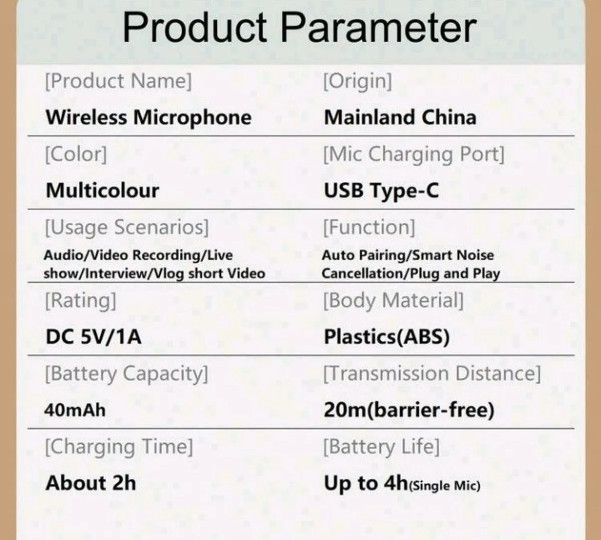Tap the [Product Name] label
pyautogui.click(x=118, y=81)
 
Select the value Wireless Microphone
pyautogui.click(x=149, y=117)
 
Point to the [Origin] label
pyautogui.click(x=358, y=81)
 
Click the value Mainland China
pyautogui.click(x=400, y=117)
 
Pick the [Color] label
pyautogui.click(x=76, y=154)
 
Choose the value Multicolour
pyautogui.click(x=102, y=191)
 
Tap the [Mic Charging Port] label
pyautogui.click(x=414, y=154)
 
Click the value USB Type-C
pyautogui.click(x=381, y=191)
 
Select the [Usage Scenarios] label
pyautogui.click(x=127, y=227)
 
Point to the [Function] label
pyautogui.click(x=369, y=227)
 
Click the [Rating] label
pyautogui.click(x=81, y=300)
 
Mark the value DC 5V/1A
pyautogui.click(x=94, y=336)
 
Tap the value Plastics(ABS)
pyautogui.click(x=387, y=336)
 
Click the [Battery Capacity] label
pyautogui.click(x=126, y=374)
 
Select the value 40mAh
pyautogui.click(x=75, y=410)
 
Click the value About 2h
pyautogui.click(x=91, y=483)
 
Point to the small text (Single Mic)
pyautogui.click(x=445, y=485)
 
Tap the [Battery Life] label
pyautogui.click(x=381, y=446)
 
